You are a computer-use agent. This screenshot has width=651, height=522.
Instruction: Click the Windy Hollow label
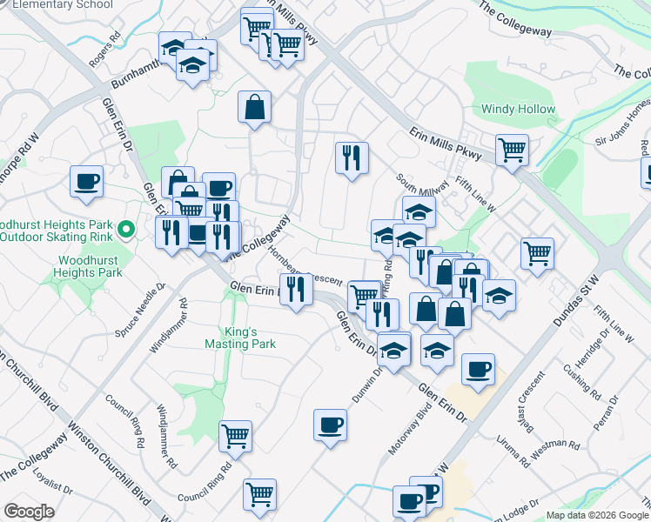(519, 110)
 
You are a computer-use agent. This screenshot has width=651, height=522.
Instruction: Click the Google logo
(29, 512)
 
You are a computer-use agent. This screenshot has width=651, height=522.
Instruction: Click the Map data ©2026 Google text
(596, 515)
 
